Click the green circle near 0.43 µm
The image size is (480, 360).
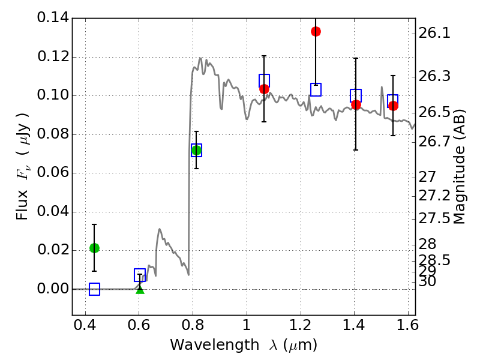[94, 248]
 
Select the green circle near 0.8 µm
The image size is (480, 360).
[196, 150]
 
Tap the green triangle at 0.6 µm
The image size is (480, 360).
[140, 290]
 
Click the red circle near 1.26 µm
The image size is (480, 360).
[316, 31]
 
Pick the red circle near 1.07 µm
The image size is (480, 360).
[264, 89]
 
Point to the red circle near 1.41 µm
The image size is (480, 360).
[356, 104]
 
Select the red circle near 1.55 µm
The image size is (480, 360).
[393, 106]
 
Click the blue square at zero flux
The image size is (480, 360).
[94, 289]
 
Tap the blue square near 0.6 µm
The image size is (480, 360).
[140, 275]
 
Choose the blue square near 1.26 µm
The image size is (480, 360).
[316, 89]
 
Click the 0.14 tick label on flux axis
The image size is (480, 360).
[52, 18]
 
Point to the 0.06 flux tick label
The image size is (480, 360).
[52, 173]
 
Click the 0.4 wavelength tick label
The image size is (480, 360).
[85, 328]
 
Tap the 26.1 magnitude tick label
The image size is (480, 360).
[436, 34]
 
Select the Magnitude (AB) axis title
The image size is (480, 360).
[460, 166]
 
